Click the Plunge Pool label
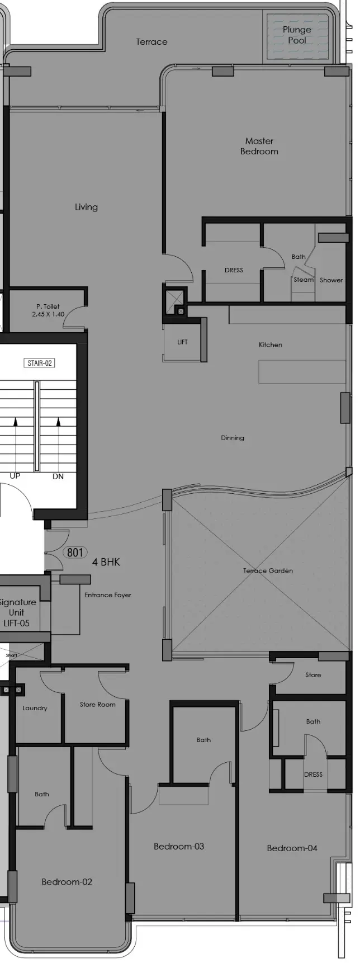[296, 35]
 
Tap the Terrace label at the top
[151, 42]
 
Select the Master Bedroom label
[259, 146]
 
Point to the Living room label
[86, 207]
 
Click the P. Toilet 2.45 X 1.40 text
[48, 310]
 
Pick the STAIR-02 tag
[40, 363]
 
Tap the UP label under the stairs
[15, 476]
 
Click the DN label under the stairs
[58, 476]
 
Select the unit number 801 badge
[75, 553]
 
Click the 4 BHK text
[106, 562]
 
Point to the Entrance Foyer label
[108, 595]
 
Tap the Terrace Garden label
[268, 570]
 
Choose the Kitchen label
[271, 344]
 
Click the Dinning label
[233, 438]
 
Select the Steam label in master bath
[304, 280]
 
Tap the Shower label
[331, 280]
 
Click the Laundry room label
[35, 708]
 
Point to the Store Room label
[97, 705]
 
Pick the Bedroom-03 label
[179, 846]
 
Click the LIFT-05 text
[17, 623]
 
